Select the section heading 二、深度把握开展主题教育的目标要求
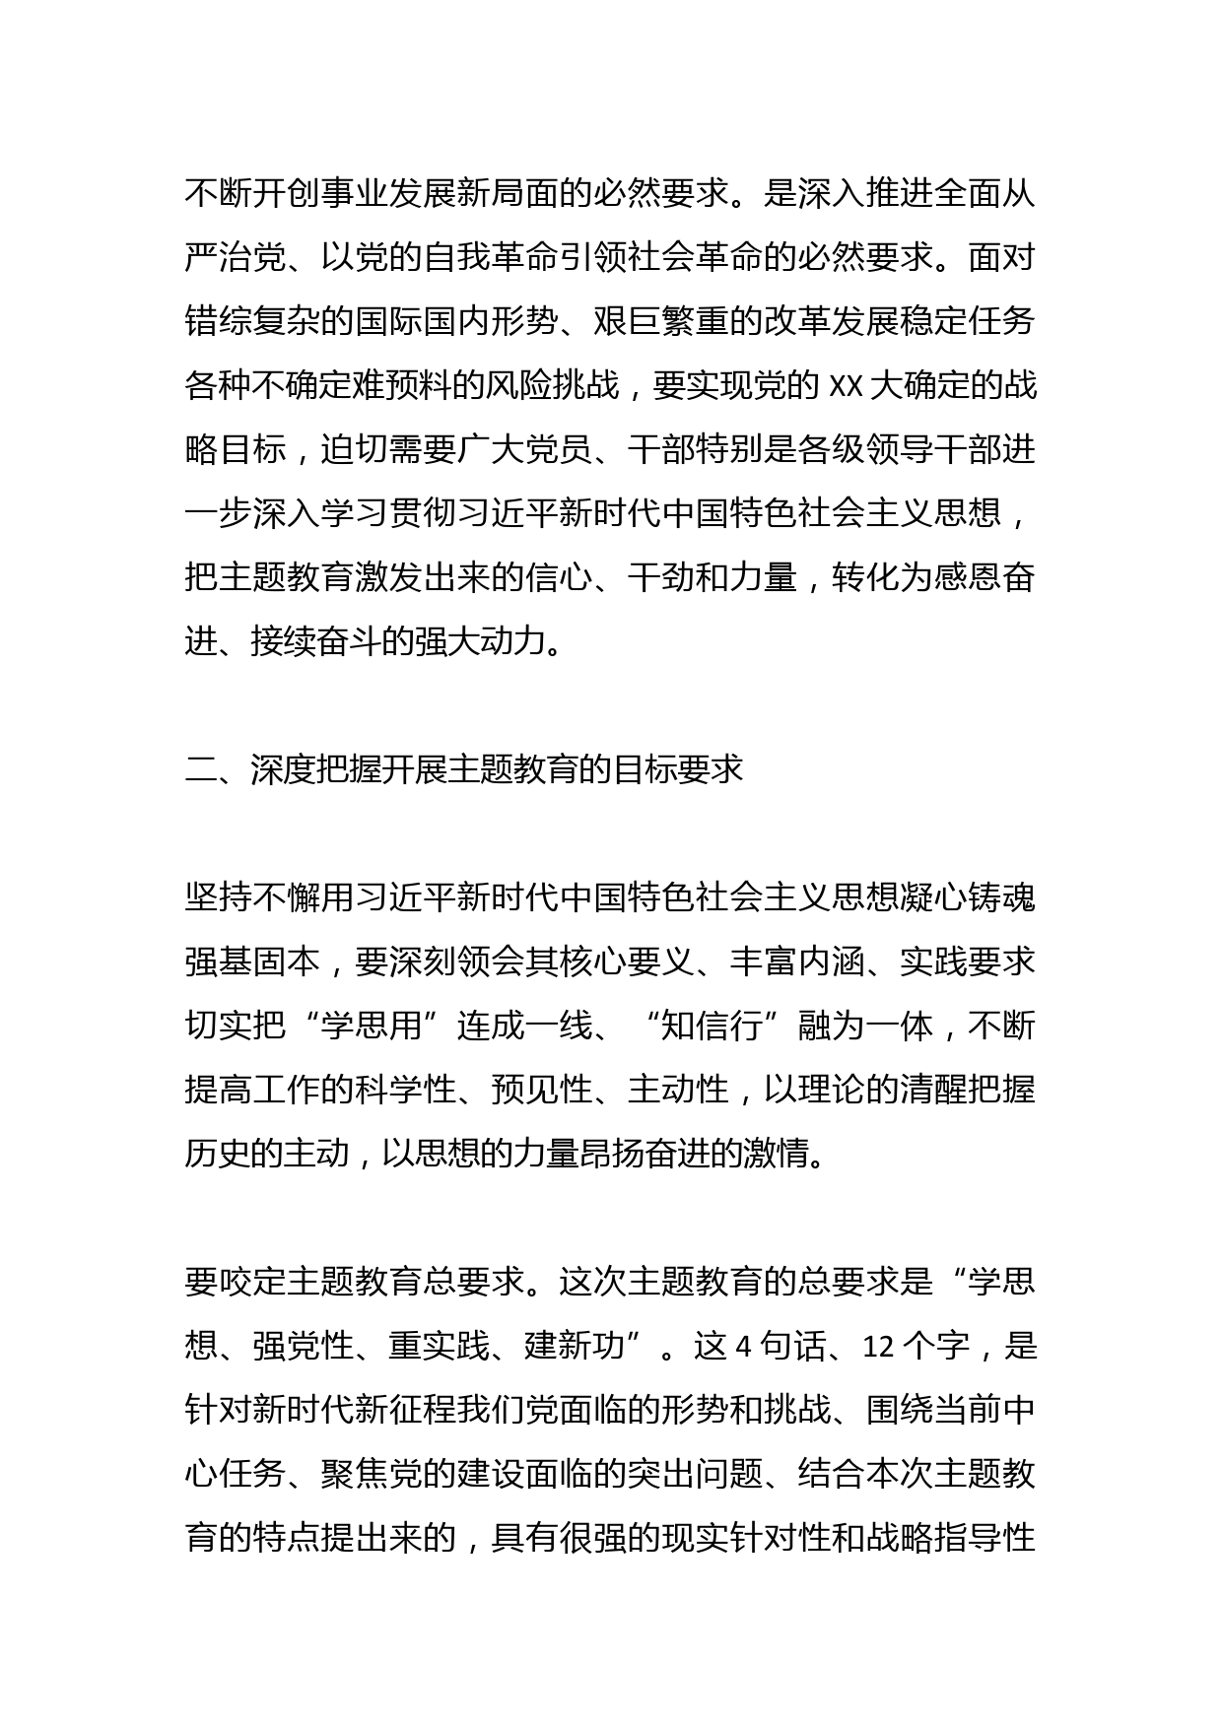(464, 769)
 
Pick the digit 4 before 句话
(744, 1346)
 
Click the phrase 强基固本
(252, 963)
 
